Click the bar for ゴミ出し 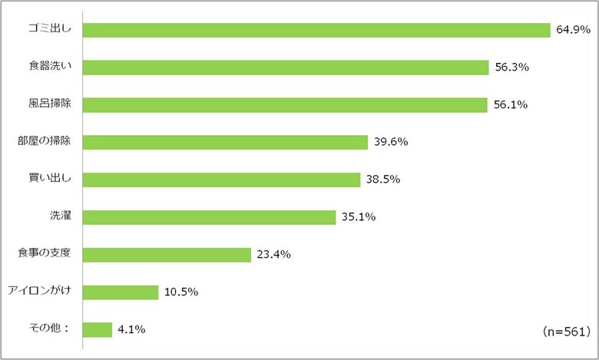click(316, 30)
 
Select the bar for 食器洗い click(285, 68)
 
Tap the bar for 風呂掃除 click(284, 105)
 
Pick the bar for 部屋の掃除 click(225, 143)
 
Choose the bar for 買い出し click(221, 180)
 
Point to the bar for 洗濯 click(209, 217)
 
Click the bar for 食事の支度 click(167, 255)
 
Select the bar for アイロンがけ click(120, 292)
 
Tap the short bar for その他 click(97, 329)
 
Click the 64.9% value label click(572, 30)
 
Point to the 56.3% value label click(511, 68)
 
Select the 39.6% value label click(390, 143)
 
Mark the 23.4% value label click(273, 255)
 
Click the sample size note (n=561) click(564, 332)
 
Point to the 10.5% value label click(180, 292)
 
